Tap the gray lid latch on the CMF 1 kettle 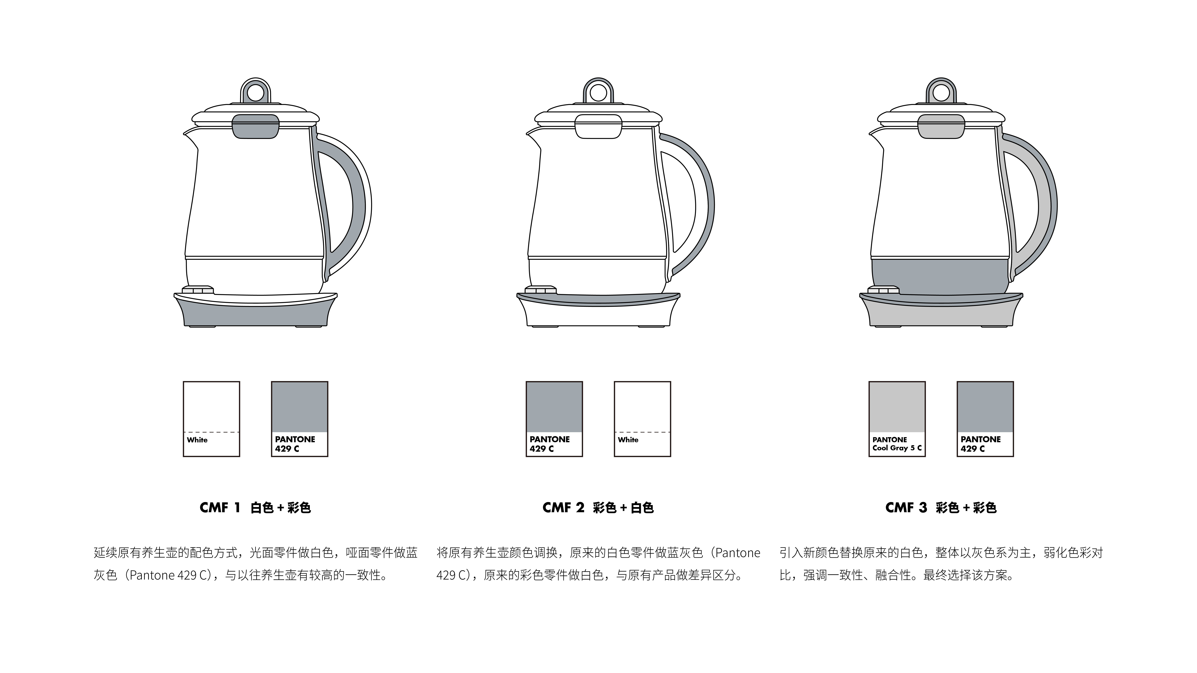coord(256,126)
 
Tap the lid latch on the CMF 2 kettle coord(598,126)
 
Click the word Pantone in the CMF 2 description coord(737,553)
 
